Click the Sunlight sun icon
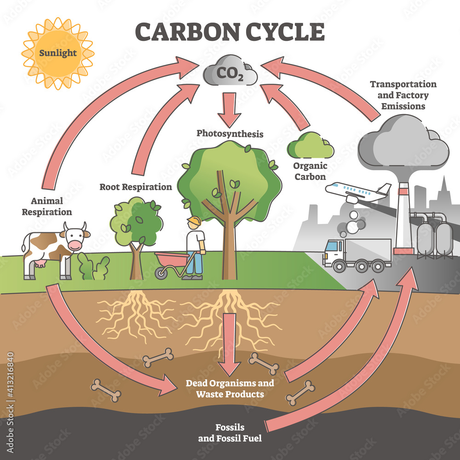coord(57,53)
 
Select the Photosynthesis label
coord(230,134)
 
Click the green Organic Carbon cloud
coord(310,146)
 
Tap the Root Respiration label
coord(136,187)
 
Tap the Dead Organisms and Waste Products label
coord(230,388)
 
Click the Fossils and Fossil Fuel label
coord(230,432)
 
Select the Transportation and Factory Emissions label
coord(403,95)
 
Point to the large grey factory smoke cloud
coord(402,143)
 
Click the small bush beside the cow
coord(93,267)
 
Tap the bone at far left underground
coord(106,391)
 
